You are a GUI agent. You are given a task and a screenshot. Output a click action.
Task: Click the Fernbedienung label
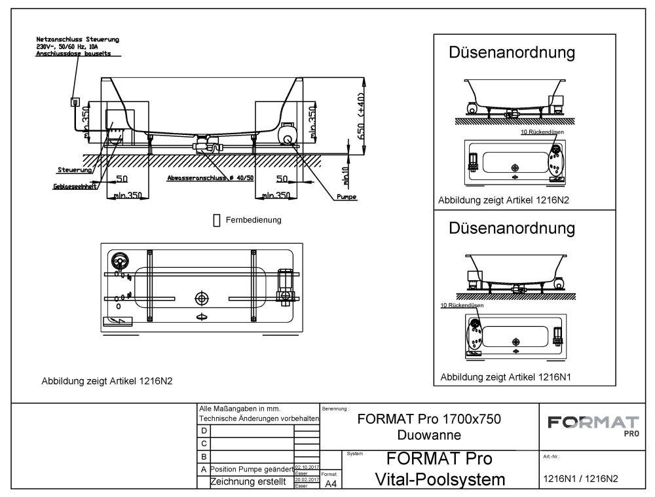253,220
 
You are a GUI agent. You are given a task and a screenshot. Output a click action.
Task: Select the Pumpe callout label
346,196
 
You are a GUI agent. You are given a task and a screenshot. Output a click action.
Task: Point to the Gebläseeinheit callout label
75,186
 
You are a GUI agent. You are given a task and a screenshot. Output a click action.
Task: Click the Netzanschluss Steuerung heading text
77,40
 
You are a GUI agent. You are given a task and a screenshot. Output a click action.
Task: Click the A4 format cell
331,484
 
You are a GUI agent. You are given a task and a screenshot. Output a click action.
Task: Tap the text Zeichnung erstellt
250,483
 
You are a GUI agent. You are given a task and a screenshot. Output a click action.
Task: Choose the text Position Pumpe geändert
250,469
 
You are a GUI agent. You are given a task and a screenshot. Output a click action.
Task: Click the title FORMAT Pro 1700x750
430,419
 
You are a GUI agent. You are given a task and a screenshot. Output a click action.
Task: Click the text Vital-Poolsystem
440,479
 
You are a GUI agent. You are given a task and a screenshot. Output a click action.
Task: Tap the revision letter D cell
204,431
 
